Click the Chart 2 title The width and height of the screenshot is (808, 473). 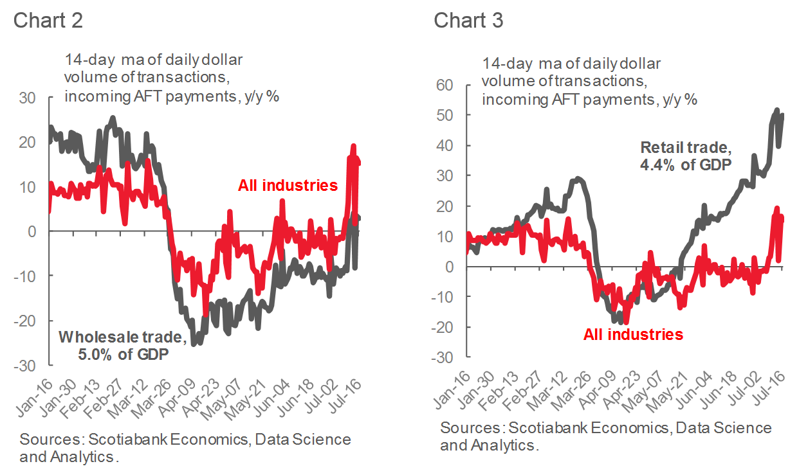(48, 21)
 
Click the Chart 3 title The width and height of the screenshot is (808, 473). (468, 21)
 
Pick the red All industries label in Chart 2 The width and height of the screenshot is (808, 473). (288, 186)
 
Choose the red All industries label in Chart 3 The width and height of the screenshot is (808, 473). (633, 334)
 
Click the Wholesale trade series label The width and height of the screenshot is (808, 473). (123, 337)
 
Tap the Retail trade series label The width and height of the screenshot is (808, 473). (686, 147)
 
